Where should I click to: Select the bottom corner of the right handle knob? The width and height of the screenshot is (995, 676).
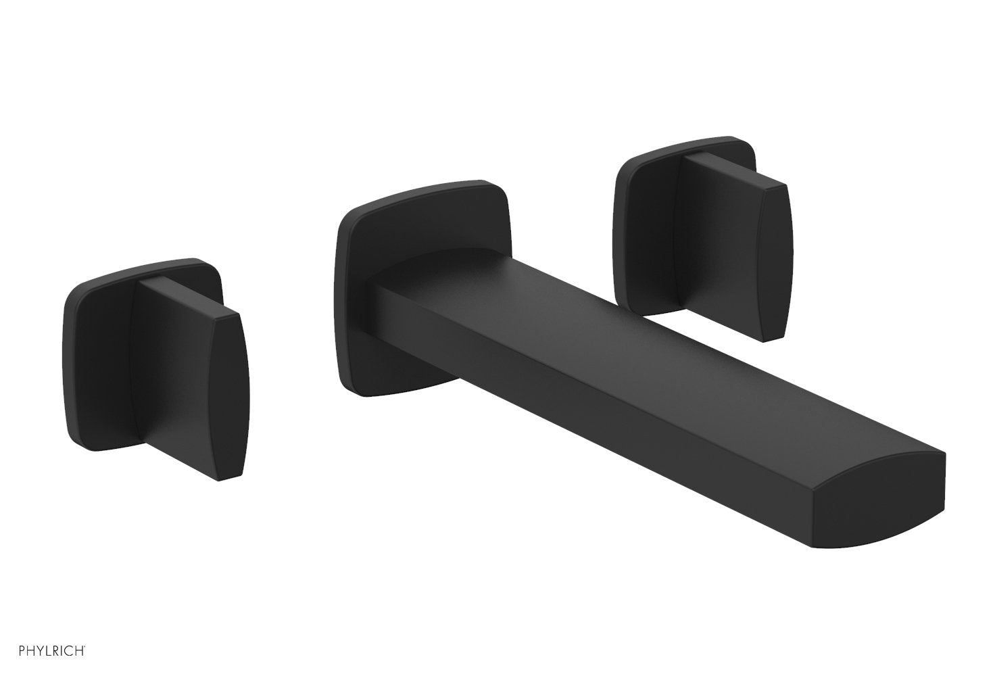coord(765,342)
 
